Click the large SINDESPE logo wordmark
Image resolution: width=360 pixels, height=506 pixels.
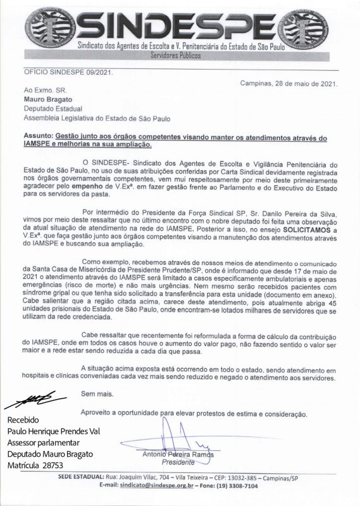(x=180, y=24)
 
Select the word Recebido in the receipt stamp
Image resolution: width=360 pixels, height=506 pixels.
(x=24, y=420)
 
